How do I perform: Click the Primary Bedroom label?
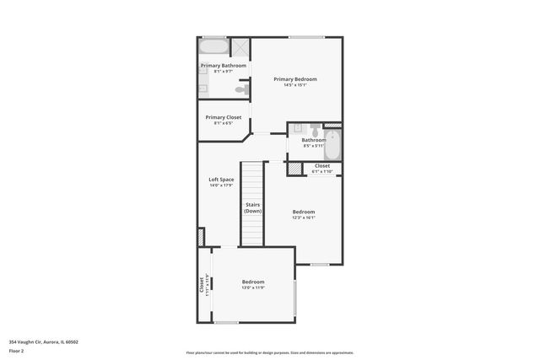295,79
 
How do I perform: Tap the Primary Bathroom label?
224,66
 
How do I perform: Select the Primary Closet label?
224,117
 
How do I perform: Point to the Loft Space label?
221,180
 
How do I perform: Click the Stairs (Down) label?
253,207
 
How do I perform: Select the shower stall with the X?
240,47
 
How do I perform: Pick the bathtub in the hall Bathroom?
332,145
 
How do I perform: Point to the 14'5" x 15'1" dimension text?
295,85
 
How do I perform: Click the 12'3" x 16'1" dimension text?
304,218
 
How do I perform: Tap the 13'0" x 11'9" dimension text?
253,287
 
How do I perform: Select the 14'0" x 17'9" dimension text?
221,185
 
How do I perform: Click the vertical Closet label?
202,285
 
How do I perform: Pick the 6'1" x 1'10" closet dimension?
322,172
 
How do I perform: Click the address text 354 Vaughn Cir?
43,342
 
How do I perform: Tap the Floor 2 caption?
17,351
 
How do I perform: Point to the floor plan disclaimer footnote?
270,352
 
